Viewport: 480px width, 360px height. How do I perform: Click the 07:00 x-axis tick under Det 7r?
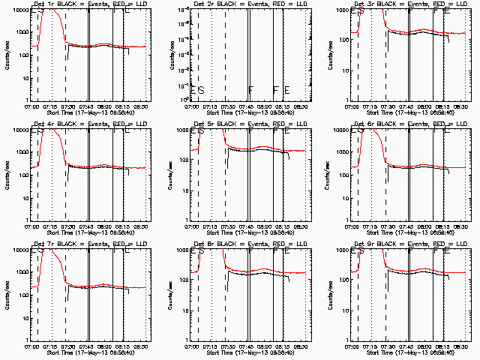pos(32,346)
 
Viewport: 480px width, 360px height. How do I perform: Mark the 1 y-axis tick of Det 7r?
pos(28,340)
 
